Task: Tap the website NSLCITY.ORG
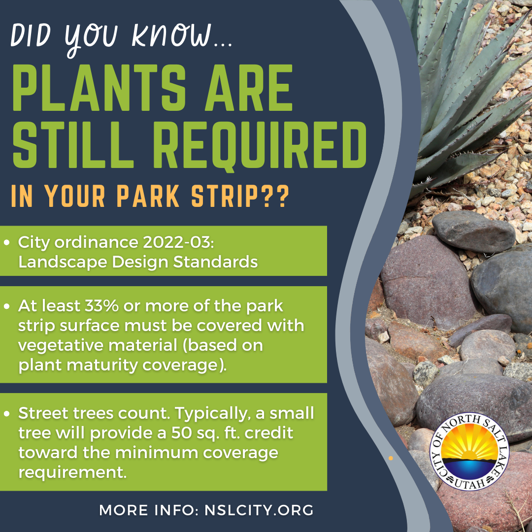pyautogui.click(x=259, y=510)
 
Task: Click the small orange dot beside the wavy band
pyautogui.click(x=391, y=458)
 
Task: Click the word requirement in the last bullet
pyautogui.click(x=71, y=472)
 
